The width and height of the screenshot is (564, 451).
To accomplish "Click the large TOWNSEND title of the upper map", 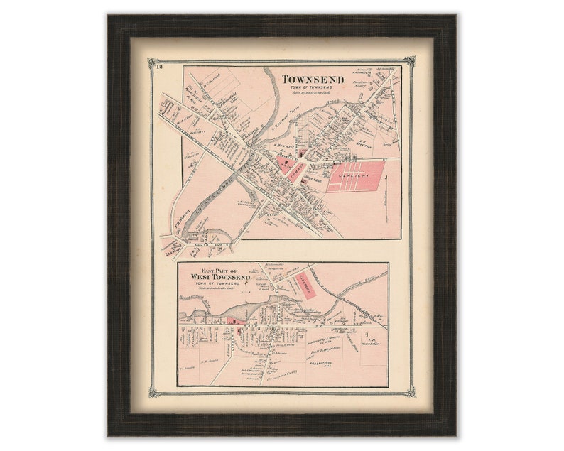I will [313, 80].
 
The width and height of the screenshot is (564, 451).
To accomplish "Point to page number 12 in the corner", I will [158, 67].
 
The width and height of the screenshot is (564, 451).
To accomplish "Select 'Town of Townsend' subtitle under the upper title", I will [313, 87].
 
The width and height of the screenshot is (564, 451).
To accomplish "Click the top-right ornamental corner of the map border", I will [410, 63].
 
